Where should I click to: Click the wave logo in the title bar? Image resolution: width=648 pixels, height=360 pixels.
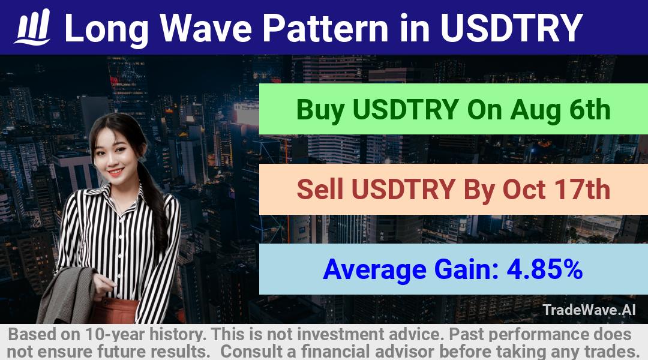pos(32,27)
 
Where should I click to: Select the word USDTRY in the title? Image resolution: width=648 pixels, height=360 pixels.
pos(512,28)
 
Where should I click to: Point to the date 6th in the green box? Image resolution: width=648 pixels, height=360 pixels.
pos(590,110)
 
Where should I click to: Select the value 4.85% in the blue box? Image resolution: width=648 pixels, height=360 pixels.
pos(545,269)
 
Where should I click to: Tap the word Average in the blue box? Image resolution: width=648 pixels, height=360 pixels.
pos(374,270)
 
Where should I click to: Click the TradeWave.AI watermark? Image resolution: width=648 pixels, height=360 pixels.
pos(589,310)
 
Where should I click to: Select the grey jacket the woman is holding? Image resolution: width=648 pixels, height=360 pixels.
pos(68,296)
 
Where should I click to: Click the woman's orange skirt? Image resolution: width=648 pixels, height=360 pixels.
pos(116,311)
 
